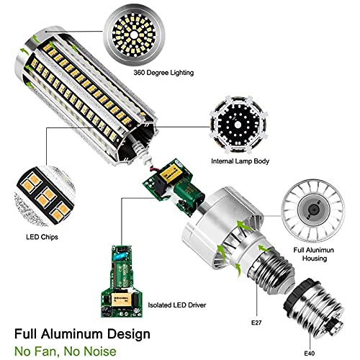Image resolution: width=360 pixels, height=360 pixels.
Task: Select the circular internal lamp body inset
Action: click(234, 120)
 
